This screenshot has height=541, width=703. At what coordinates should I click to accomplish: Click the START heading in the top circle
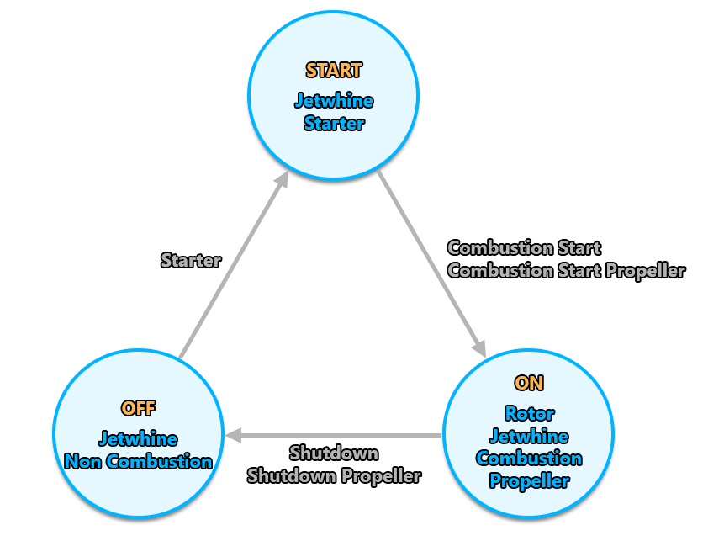click(x=333, y=71)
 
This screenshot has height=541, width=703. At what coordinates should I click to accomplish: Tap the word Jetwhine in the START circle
click(x=333, y=101)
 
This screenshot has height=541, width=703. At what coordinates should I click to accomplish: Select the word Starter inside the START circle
click(x=333, y=124)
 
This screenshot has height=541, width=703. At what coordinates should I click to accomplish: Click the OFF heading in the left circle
click(x=138, y=409)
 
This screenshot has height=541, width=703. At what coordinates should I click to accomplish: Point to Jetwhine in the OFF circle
click(x=138, y=439)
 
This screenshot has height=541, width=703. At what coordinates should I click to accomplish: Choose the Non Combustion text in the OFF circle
click(x=138, y=462)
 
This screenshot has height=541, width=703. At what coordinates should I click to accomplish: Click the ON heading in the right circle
click(x=528, y=384)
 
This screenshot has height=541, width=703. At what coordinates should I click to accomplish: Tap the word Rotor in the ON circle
click(x=528, y=414)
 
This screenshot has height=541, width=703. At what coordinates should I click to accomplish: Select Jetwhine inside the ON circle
click(x=528, y=437)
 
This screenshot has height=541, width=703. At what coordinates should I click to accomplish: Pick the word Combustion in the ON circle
click(x=528, y=459)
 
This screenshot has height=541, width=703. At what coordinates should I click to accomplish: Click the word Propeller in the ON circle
click(x=528, y=481)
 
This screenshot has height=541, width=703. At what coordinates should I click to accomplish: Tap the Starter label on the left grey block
click(x=191, y=261)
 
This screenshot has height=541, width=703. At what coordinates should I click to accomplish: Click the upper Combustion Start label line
click(x=524, y=248)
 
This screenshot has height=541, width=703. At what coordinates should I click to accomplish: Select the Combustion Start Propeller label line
click(x=566, y=271)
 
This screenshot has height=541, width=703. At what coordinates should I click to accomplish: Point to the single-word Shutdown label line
click(x=333, y=453)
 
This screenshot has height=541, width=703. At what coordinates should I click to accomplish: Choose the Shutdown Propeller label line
click(x=333, y=475)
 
